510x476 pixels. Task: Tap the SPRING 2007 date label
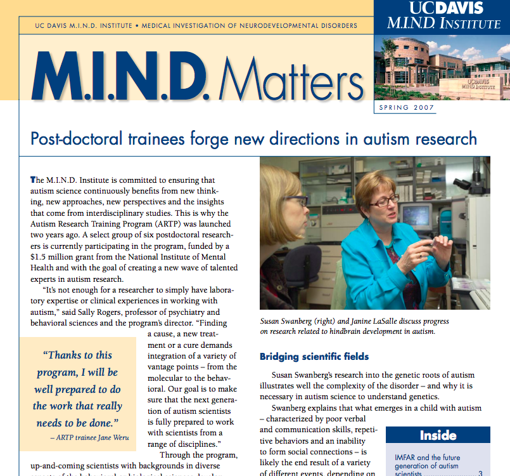406,107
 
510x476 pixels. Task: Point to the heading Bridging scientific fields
314,357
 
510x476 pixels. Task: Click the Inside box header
438,435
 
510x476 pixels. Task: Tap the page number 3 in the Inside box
480,473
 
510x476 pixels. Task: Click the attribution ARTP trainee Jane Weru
84,437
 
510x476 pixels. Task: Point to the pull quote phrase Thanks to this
77,355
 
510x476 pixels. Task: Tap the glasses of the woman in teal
384,201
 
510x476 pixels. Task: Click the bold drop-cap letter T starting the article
33,181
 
